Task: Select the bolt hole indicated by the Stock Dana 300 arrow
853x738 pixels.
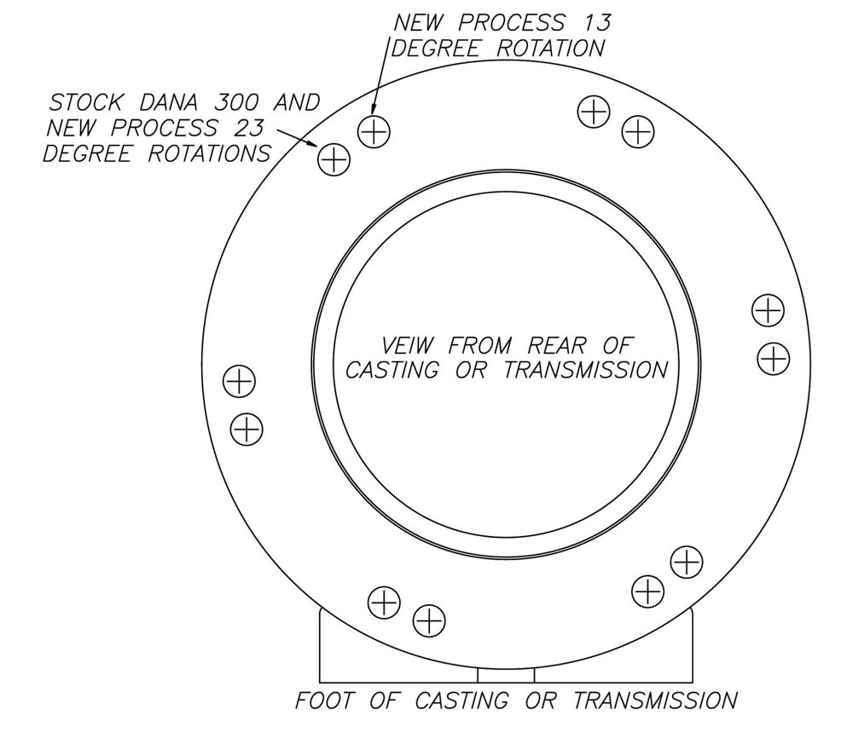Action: pos(334,159)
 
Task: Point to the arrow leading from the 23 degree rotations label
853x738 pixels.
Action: pos(294,140)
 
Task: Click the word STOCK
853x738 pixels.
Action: pos(84,103)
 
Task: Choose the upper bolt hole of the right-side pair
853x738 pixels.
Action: pos(768,310)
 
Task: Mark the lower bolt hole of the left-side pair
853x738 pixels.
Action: pos(246,428)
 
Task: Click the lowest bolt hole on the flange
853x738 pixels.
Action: pos(428,620)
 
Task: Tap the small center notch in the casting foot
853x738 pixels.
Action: pos(506,676)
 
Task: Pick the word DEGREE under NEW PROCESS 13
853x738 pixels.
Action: pos(439,48)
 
